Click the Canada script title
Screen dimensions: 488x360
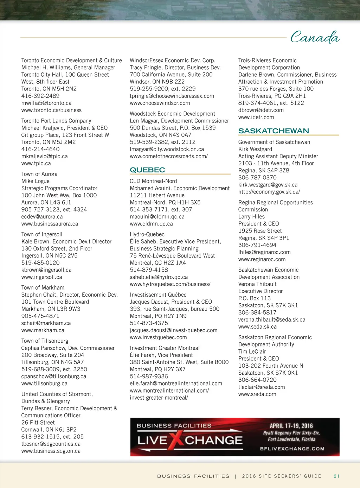pos(315,37)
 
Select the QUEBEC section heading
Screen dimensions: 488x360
pos(147,170)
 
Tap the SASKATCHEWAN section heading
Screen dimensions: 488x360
pos(274,131)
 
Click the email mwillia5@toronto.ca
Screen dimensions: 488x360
pos(46,103)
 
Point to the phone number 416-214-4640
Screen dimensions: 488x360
pos(40,149)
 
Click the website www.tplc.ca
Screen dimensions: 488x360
pos(36,163)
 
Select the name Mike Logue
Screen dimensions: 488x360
pos(36,181)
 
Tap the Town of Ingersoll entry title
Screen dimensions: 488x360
pos(42,234)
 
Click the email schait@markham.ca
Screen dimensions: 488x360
pos(46,323)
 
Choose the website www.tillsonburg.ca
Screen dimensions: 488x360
pos(44,384)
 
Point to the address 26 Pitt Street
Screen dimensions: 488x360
pos(38,423)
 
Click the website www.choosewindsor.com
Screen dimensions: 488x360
pos(160,103)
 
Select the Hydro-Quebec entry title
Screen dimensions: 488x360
pos(147,234)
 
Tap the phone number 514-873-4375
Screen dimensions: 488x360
pos(149,323)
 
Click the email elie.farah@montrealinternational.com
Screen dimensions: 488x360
pos(176,384)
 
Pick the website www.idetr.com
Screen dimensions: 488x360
pos(256,117)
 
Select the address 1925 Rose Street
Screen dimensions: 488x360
pos(260,231)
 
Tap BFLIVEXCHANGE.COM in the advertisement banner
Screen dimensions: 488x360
pos(292,449)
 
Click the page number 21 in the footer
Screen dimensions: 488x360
pos(336,476)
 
